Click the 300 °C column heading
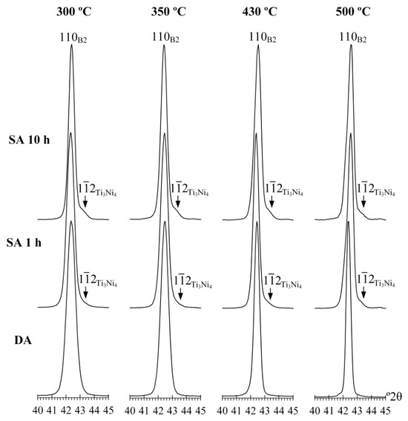click(x=73, y=12)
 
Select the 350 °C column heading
click(x=168, y=12)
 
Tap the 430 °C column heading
click(x=260, y=12)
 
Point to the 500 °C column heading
click(x=353, y=12)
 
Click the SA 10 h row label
click(x=29, y=140)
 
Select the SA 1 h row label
click(x=24, y=242)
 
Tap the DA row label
click(x=23, y=340)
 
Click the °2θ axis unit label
click(x=394, y=396)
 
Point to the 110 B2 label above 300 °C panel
click(x=73, y=38)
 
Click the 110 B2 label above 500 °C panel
click(x=352, y=38)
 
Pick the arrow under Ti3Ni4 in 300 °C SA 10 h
click(x=85, y=202)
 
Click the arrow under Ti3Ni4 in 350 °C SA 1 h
click(x=180, y=294)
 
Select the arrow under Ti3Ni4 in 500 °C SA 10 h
click(x=363, y=202)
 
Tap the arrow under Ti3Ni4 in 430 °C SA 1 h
click(x=270, y=294)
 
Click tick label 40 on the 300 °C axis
click(x=38, y=411)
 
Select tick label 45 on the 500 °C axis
click(x=385, y=411)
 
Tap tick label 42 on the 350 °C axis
click(x=158, y=411)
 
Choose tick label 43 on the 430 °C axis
click(x=265, y=411)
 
